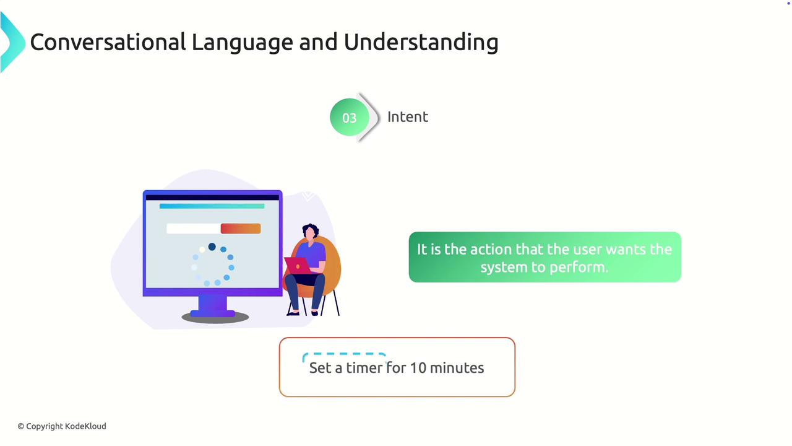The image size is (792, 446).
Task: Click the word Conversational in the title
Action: [108, 42]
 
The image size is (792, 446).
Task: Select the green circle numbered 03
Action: [350, 117]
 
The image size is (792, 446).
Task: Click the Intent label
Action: [408, 117]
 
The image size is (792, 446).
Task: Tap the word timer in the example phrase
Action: [364, 368]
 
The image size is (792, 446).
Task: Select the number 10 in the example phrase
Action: [418, 368]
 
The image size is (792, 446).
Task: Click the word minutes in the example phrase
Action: [457, 368]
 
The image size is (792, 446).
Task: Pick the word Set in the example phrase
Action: [320, 368]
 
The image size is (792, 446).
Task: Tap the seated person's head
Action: [311, 232]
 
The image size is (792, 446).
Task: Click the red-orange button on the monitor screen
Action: [241, 229]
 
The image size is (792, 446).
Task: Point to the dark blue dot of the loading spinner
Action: [212, 247]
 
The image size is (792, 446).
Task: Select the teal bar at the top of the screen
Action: [212, 206]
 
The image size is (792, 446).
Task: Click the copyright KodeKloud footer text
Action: [62, 426]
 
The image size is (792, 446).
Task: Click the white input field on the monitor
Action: [194, 229]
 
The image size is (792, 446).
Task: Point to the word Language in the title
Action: [242, 43]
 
